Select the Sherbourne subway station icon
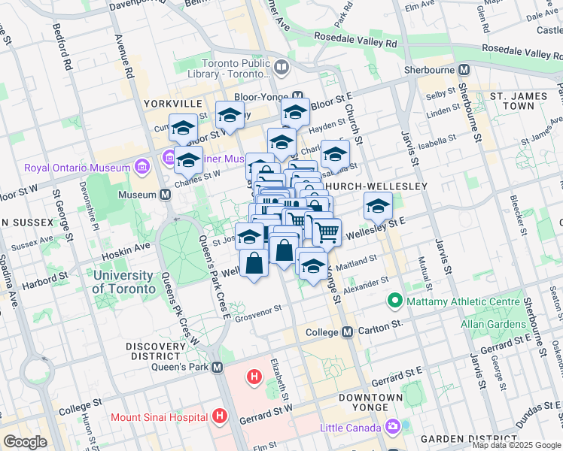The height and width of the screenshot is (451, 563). point(464,69)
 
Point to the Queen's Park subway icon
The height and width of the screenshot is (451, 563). point(218,367)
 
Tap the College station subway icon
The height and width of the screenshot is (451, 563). point(348,331)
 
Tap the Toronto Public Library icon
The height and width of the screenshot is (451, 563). point(281,68)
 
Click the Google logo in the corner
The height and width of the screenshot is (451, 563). point(25,442)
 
